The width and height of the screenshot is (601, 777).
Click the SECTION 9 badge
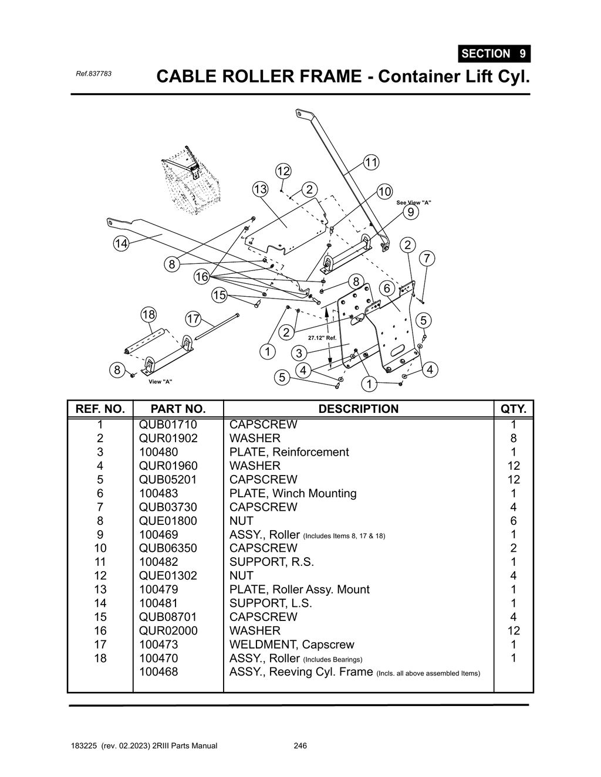(x=494, y=53)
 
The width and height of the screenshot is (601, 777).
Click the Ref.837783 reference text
(x=93, y=74)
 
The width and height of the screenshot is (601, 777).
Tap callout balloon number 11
(x=371, y=162)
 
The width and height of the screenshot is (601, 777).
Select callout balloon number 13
(x=260, y=189)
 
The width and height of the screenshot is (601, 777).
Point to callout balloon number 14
(x=121, y=244)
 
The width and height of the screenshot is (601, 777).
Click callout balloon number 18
(x=148, y=314)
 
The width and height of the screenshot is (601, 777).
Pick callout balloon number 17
(x=193, y=319)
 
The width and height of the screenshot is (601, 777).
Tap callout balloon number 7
(x=427, y=258)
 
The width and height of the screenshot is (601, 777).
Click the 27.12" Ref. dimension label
(x=322, y=338)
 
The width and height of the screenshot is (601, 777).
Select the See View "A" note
(x=414, y=202)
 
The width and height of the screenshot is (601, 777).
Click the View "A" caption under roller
(x=160, y=382)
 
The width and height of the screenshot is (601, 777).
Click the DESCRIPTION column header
(x=358, y=409)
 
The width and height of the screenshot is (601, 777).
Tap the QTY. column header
(x=514, y=409)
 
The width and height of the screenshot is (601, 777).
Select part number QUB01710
(x=168, y=425)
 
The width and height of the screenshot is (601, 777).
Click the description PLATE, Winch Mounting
(x=293, y=493)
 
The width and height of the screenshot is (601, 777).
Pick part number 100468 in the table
(x=158, y=671)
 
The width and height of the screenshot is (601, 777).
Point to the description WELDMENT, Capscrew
(x=292, y=644)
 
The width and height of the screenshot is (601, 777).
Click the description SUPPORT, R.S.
(x=272, y=562)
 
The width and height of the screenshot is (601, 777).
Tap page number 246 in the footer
(x=300, y=746)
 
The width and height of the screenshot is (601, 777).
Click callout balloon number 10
(x=384, y=192)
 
